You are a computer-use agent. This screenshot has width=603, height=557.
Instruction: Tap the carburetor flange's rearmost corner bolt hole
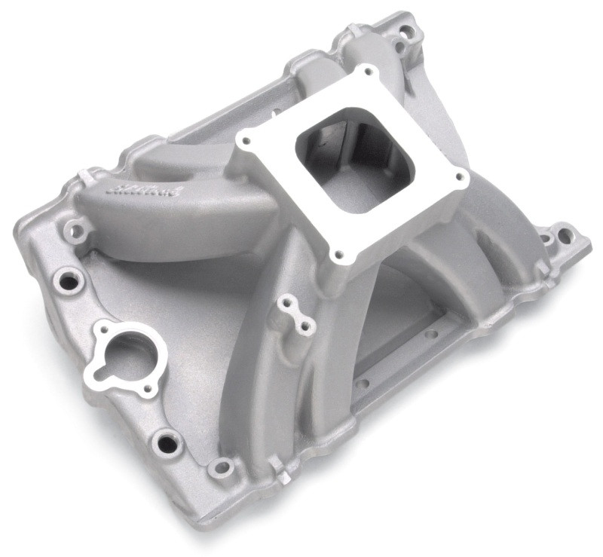pos(369,73)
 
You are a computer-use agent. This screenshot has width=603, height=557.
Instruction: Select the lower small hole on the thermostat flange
pos(147,389)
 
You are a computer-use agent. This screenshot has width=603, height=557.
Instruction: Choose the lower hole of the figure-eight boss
pos(306,326)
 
